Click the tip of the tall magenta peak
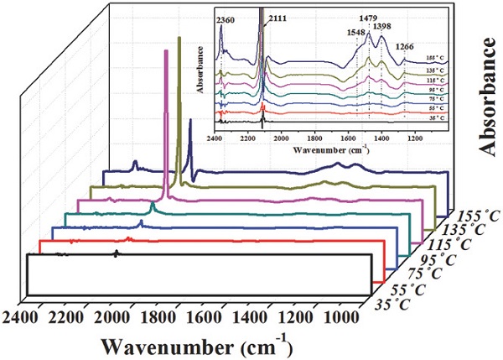165,50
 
